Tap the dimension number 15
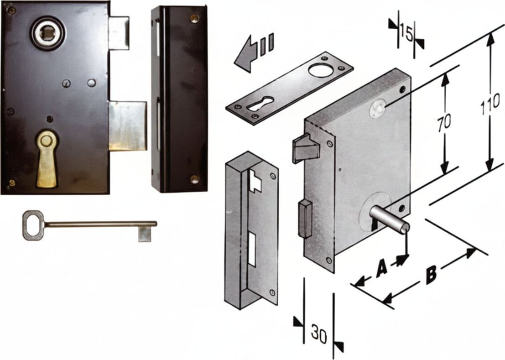pyautogui.click(x=406, y=33)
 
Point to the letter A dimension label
pyautogui.click(x=382, y=269)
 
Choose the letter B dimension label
pyautogui.click(x=431, y=274)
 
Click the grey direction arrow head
pyautogui.click(x=246, y=55)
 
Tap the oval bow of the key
pyautogui.click(x=33, y=225)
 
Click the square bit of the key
pyautogui.click(x=145, y=234)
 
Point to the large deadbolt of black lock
pyautogui.click(x=128, y=126)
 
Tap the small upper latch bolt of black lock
pyautogui.click(x=119, y=32)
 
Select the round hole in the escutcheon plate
pyautogui.click(x=320, y=69)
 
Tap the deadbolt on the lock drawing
pyautogui.click(x=305, y=219)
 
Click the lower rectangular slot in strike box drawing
pyautogui.click(x=252, y=250)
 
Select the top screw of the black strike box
pyautogui.click(x=194, y=18)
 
